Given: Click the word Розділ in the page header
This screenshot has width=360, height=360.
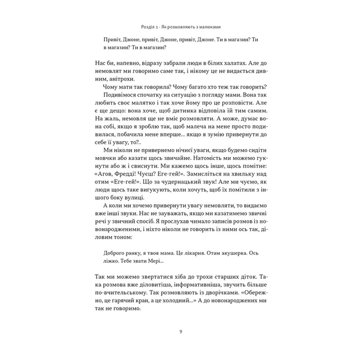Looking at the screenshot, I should [150, 27].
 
